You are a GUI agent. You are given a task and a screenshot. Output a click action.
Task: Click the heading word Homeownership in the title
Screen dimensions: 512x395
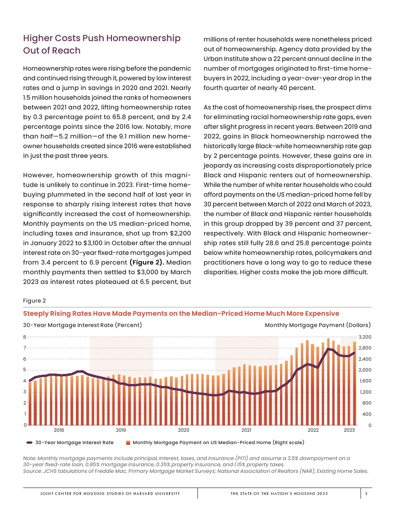point(143,38)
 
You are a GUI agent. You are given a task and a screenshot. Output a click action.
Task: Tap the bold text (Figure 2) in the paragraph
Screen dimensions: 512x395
point(147,263)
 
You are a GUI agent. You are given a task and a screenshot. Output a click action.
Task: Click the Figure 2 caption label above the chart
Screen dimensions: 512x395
point(34,301)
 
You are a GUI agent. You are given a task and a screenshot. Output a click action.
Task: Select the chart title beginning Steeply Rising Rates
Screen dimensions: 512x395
point(181,313)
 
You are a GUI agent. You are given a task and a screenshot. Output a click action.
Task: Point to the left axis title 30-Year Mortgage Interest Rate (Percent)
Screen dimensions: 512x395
point(82,325)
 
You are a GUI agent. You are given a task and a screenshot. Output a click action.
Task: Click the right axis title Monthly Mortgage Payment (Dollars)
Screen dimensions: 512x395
point(318,325)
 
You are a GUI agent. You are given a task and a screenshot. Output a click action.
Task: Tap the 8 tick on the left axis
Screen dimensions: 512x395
point(25,337)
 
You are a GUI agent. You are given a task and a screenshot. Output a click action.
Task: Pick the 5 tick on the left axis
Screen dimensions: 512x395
point(25,370)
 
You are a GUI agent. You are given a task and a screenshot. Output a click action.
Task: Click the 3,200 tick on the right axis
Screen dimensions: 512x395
point(365,337)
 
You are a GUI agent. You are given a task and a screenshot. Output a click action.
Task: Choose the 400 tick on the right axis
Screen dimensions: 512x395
point(366,414)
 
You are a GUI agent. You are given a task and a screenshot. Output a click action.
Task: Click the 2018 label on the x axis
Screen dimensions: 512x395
point(59,430)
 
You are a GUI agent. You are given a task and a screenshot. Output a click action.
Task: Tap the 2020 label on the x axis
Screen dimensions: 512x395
point(184,430)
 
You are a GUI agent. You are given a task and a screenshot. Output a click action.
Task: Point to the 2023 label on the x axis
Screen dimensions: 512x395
point(349,430)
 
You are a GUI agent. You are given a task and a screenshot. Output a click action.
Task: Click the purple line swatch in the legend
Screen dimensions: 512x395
point(29,443)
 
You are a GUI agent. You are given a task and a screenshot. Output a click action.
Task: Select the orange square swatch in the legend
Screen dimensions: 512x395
point(128,443)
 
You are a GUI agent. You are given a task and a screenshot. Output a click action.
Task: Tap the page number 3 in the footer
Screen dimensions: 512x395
point(366,494)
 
